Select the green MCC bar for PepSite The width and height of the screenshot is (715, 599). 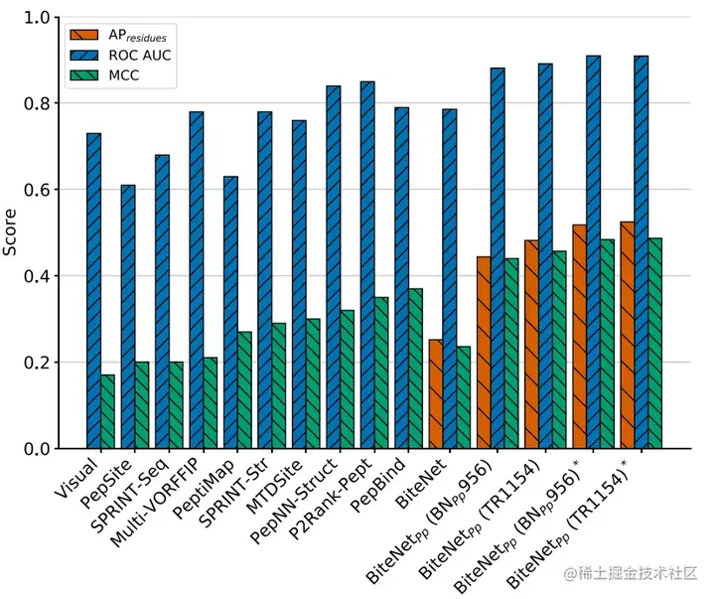[142, 405]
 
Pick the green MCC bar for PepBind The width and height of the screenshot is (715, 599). [415, 369]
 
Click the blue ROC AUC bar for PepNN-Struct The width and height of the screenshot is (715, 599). [333, 267]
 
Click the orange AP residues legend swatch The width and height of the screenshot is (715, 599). [81, 35]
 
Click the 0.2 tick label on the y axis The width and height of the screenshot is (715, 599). [40, 363]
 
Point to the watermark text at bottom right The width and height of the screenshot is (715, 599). [631, 574]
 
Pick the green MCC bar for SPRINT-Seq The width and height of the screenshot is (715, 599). [176, 405]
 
